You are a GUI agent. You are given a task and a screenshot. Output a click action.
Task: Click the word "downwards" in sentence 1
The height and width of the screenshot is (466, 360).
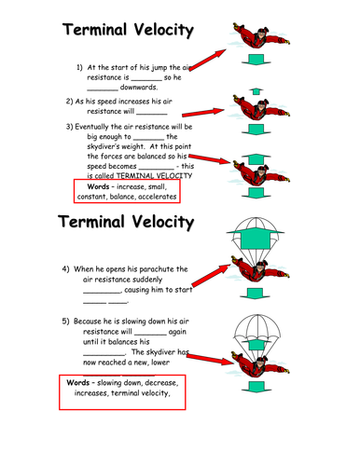point(139,87)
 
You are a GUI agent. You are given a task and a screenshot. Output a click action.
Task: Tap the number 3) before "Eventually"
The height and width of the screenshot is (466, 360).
point(69,127)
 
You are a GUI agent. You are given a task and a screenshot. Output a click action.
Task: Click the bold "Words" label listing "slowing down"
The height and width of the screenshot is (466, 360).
point(77,382)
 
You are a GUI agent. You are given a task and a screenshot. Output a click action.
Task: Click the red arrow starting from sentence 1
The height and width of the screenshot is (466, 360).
point(208,60)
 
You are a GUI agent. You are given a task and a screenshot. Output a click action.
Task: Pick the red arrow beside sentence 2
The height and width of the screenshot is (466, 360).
point(203,112)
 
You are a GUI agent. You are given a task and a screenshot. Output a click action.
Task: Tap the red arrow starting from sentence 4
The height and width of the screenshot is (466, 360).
point(211,275)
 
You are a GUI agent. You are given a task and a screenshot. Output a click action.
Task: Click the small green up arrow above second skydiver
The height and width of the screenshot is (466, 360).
point(256,91)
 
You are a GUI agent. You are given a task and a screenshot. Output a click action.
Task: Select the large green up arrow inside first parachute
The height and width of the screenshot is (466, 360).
point(256,238)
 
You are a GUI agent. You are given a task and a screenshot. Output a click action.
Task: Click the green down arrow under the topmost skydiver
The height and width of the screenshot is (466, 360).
point(256,60)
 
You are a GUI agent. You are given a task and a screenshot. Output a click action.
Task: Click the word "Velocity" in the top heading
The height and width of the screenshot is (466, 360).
point(164,30)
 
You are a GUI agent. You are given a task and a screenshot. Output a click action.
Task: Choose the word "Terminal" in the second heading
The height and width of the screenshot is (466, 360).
point(91,222)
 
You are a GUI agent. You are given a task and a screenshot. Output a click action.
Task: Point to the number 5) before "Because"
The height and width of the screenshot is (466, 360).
point(65,321)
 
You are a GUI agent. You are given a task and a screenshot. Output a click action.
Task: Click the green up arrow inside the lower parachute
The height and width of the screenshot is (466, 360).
point(256,344)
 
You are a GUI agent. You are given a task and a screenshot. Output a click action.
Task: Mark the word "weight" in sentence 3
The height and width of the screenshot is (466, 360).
point(133,147)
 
